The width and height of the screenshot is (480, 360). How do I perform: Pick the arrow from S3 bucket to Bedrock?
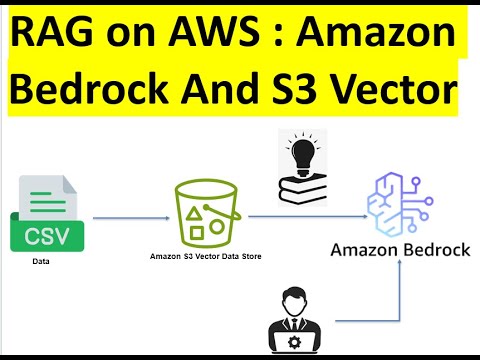pos(305,215)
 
